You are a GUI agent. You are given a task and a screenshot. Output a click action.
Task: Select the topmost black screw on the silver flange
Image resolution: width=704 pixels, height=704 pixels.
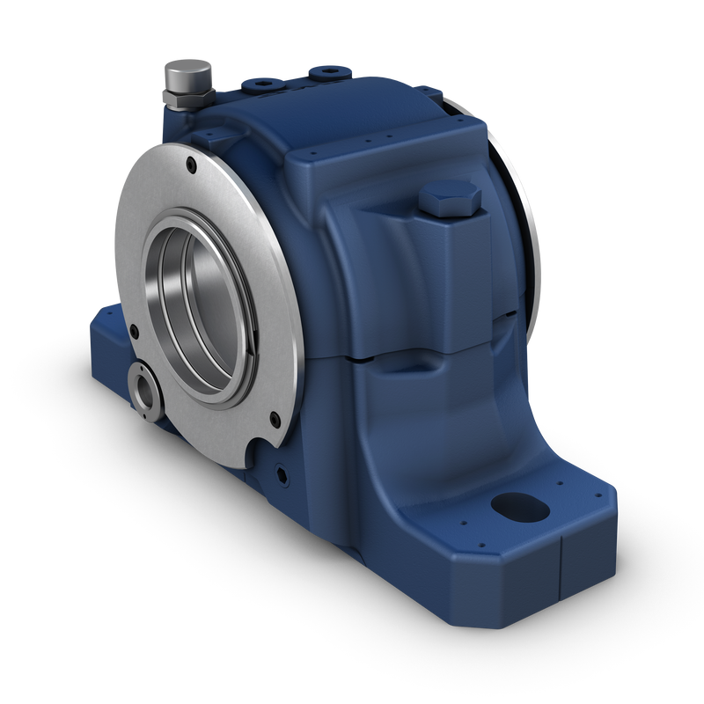pos(191,162)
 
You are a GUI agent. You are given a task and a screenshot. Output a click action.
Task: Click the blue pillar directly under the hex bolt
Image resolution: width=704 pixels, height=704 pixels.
pos(453,273)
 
